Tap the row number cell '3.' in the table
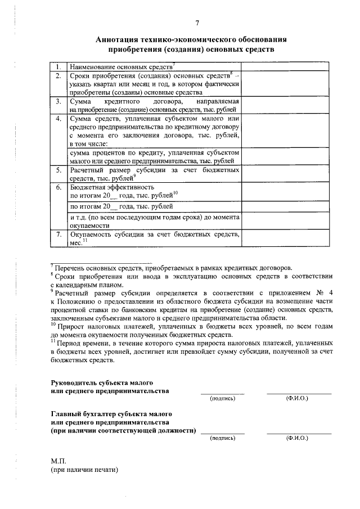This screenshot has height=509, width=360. pyautogui.click(x=58, y=102)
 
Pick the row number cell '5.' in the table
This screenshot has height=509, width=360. pyautogui.click(x=58, y=170)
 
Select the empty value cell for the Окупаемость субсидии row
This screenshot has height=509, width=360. pyautogui.click(x=286, y=237)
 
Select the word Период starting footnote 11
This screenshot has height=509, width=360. pyautogui.click(x=71, y=342)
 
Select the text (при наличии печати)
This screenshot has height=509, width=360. pyautogui.click(x=85, y=469)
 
